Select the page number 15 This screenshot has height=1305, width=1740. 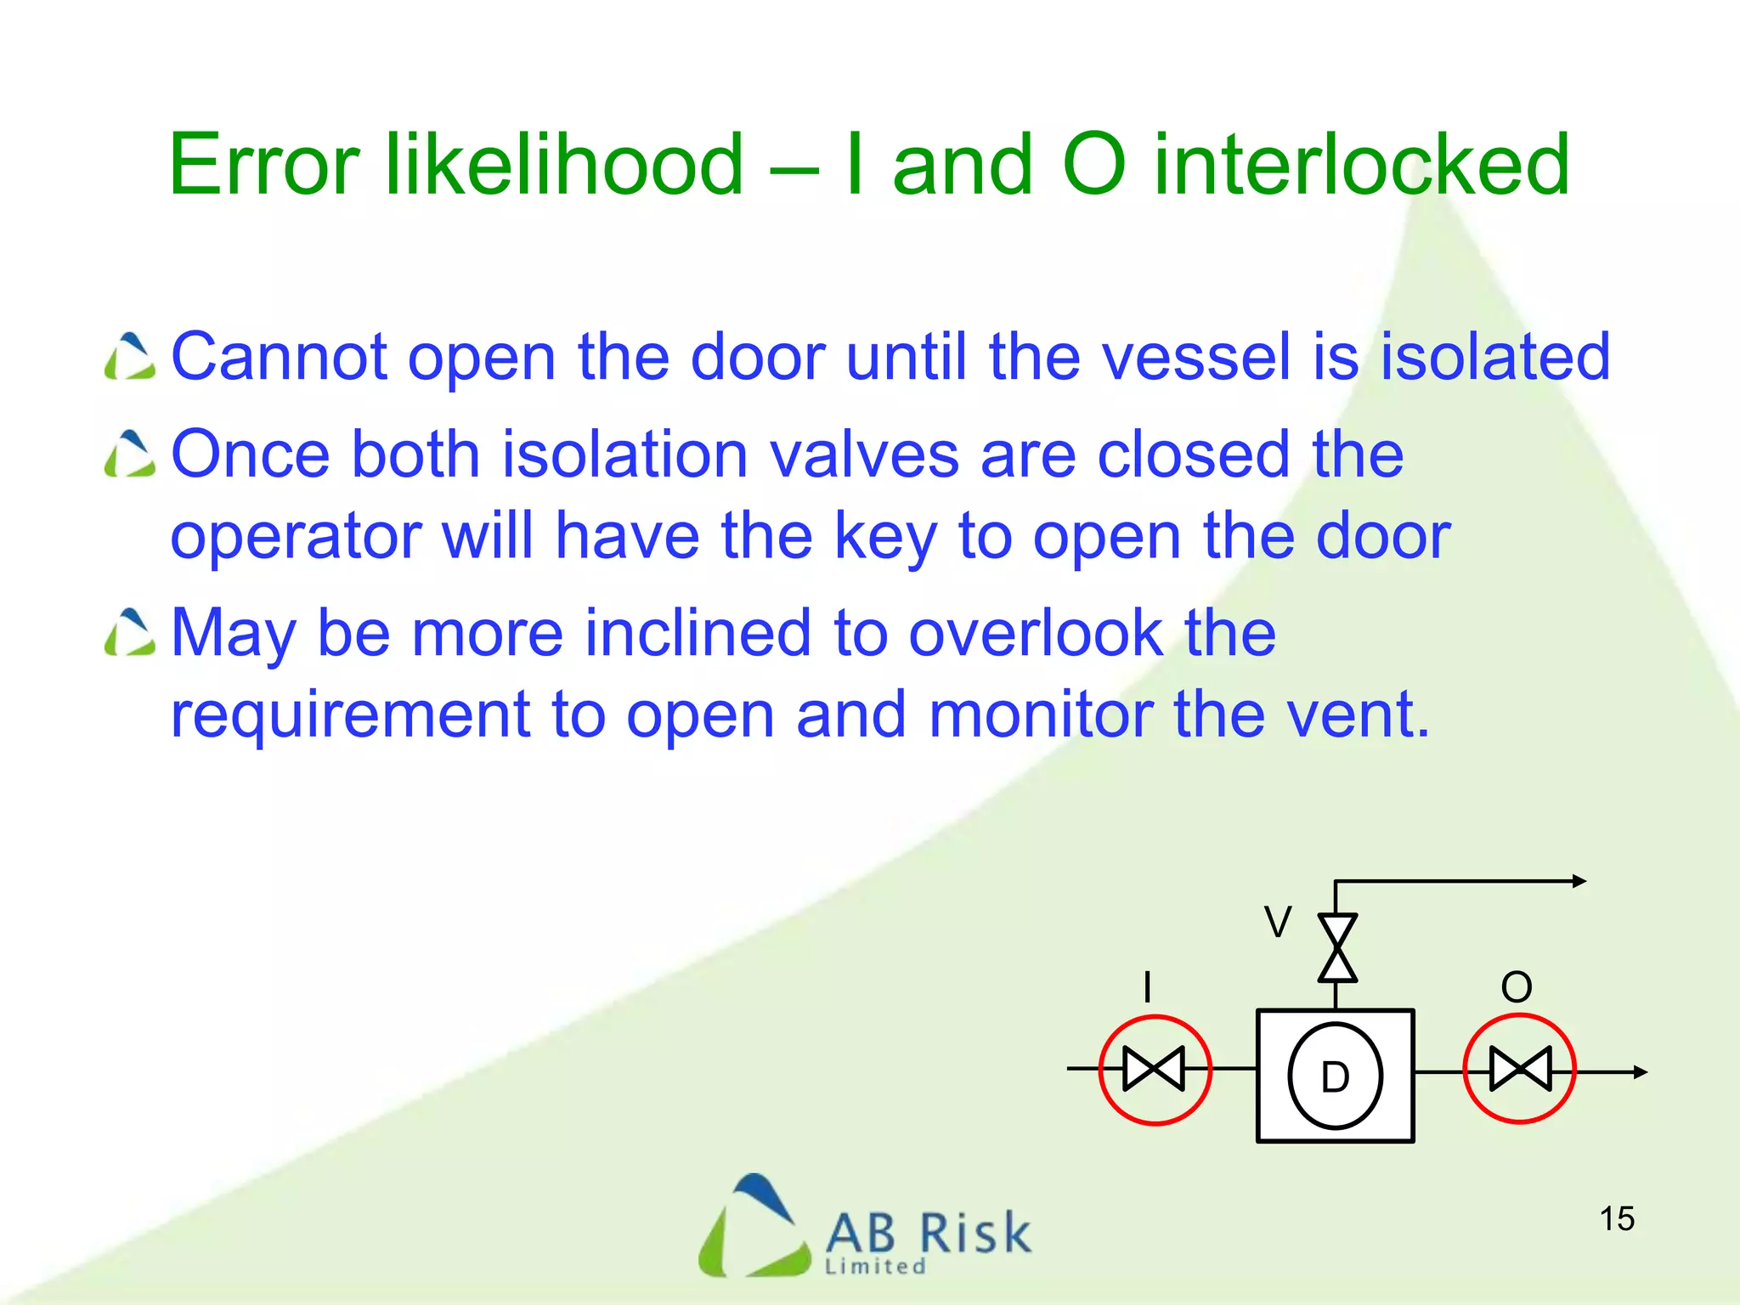point(1617,1218)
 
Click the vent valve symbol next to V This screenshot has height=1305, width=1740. point(1336,948)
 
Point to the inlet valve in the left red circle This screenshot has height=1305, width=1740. point(1154,1069)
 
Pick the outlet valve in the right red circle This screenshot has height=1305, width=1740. point(1520,1069)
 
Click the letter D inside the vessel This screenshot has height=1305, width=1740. point(1335,1077)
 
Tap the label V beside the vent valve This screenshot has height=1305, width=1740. point(1277,922)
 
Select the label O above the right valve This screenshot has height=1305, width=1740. point(1517,987)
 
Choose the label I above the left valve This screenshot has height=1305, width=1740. point(1148,987)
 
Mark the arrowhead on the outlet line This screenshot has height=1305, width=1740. point(1641,1072)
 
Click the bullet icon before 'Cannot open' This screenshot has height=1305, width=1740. point(130,356)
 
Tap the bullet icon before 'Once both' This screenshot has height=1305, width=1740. point(130,454)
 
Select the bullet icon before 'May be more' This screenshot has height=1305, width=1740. point(130,633)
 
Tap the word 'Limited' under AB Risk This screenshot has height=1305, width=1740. point(875,1267)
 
